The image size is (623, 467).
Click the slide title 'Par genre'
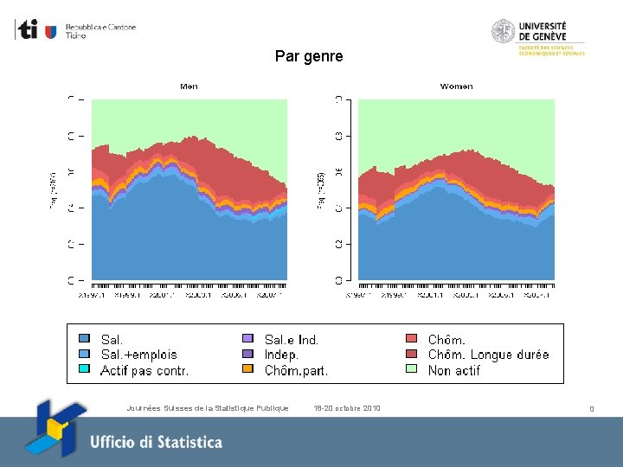309,56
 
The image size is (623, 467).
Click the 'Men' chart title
189,86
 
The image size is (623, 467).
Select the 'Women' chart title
456,86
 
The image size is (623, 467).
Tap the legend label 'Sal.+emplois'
138,355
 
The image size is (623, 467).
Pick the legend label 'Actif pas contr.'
145,370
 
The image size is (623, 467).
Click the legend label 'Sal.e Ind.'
292,340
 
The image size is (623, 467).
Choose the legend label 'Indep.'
282,355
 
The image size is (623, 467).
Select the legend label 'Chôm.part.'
296,370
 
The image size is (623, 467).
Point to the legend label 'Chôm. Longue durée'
488,355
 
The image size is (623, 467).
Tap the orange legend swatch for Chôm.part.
247,369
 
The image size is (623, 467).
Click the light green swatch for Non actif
411,369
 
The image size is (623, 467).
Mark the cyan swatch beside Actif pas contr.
84,369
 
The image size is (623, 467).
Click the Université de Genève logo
538,37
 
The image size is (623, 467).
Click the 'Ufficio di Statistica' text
156,442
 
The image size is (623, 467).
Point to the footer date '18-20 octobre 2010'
348,408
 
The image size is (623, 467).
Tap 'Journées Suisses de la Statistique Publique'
207,408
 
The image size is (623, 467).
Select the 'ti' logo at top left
29,30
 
